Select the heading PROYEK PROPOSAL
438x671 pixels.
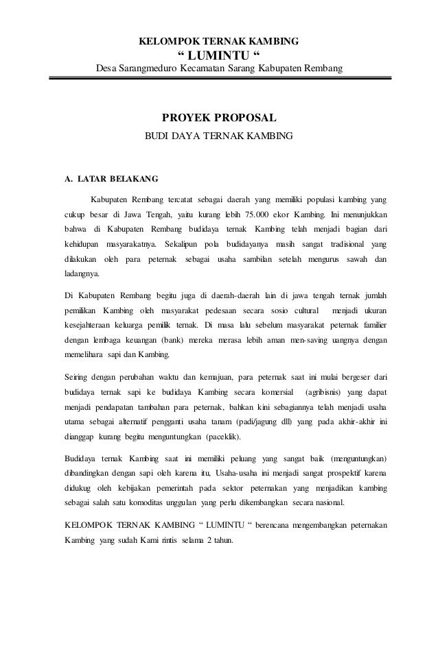coord(218,117)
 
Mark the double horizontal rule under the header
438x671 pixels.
coord(219,81)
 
